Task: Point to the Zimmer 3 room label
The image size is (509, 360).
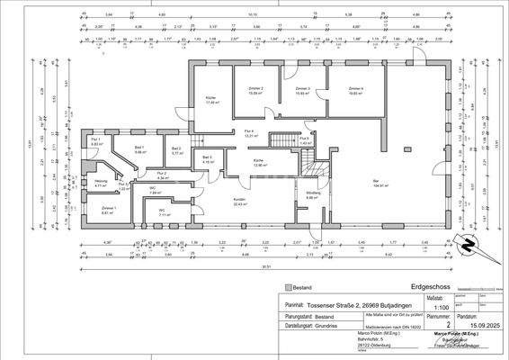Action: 302,89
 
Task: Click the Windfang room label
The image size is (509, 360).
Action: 314,194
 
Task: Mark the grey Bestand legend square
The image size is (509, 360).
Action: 290,285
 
